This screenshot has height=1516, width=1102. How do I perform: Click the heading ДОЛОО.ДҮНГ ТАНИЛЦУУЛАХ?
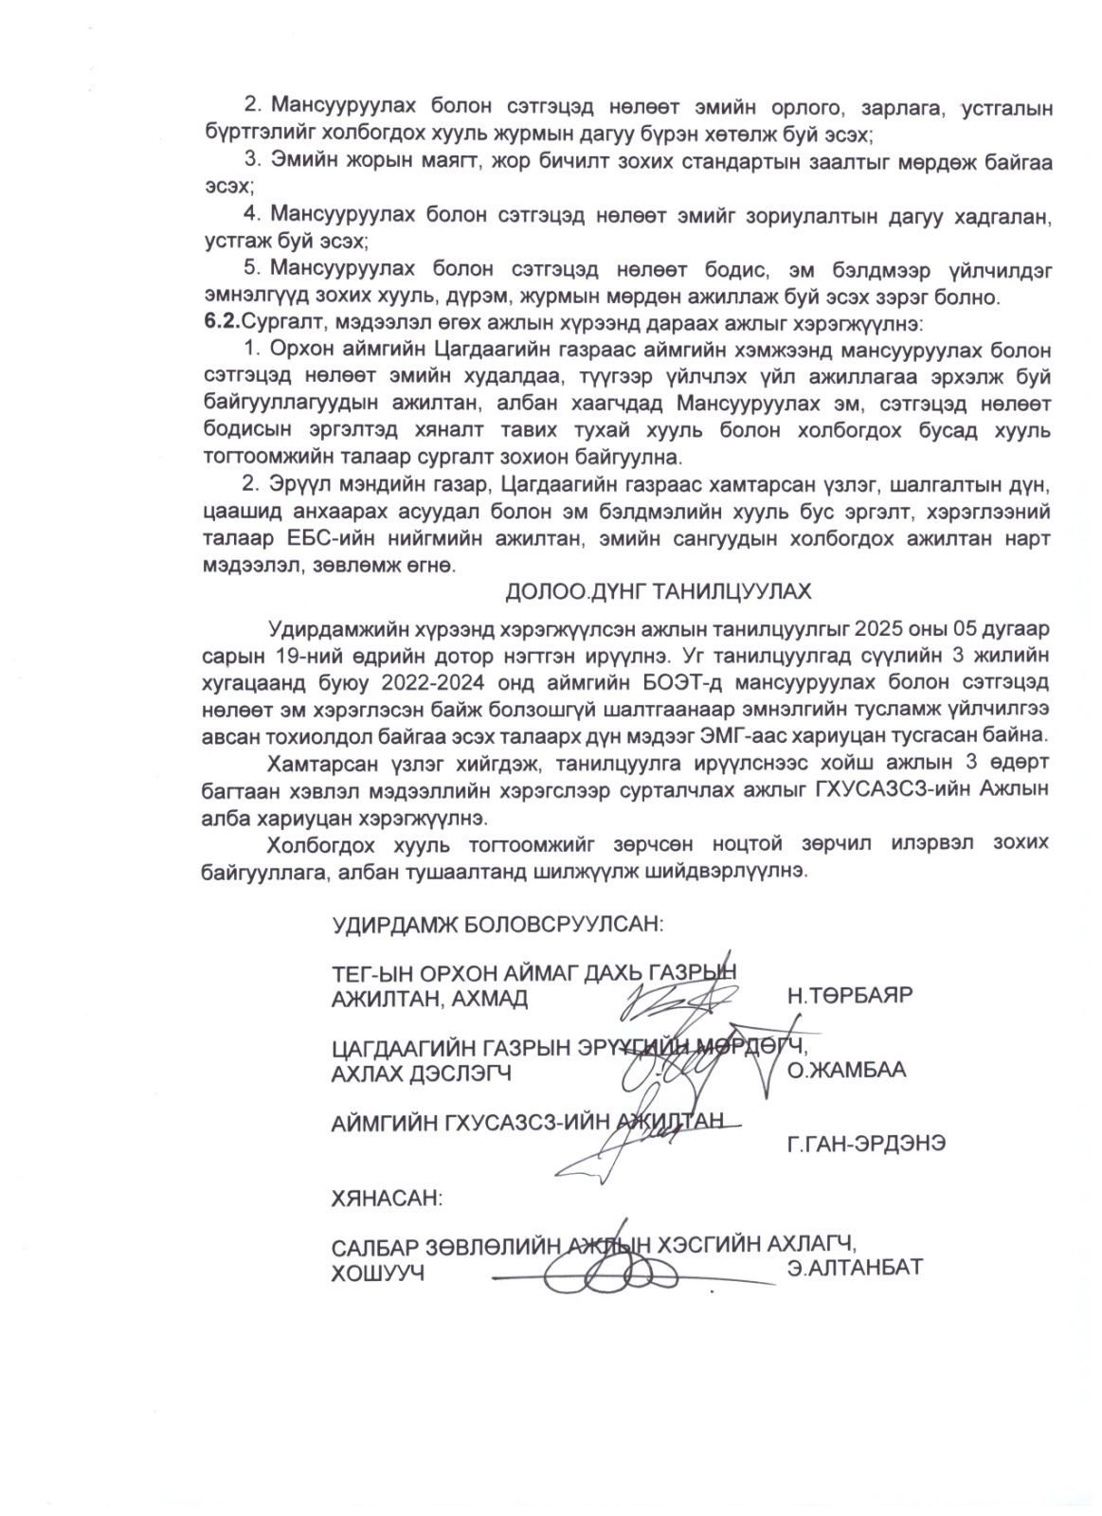point(658,592)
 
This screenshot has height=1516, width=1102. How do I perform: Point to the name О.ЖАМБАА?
point(846,1070)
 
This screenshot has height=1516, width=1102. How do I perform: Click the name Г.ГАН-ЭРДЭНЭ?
point(865,1144)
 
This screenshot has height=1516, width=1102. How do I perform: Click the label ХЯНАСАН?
point(386,1199)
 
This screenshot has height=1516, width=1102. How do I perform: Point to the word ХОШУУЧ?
point(376,1273)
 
